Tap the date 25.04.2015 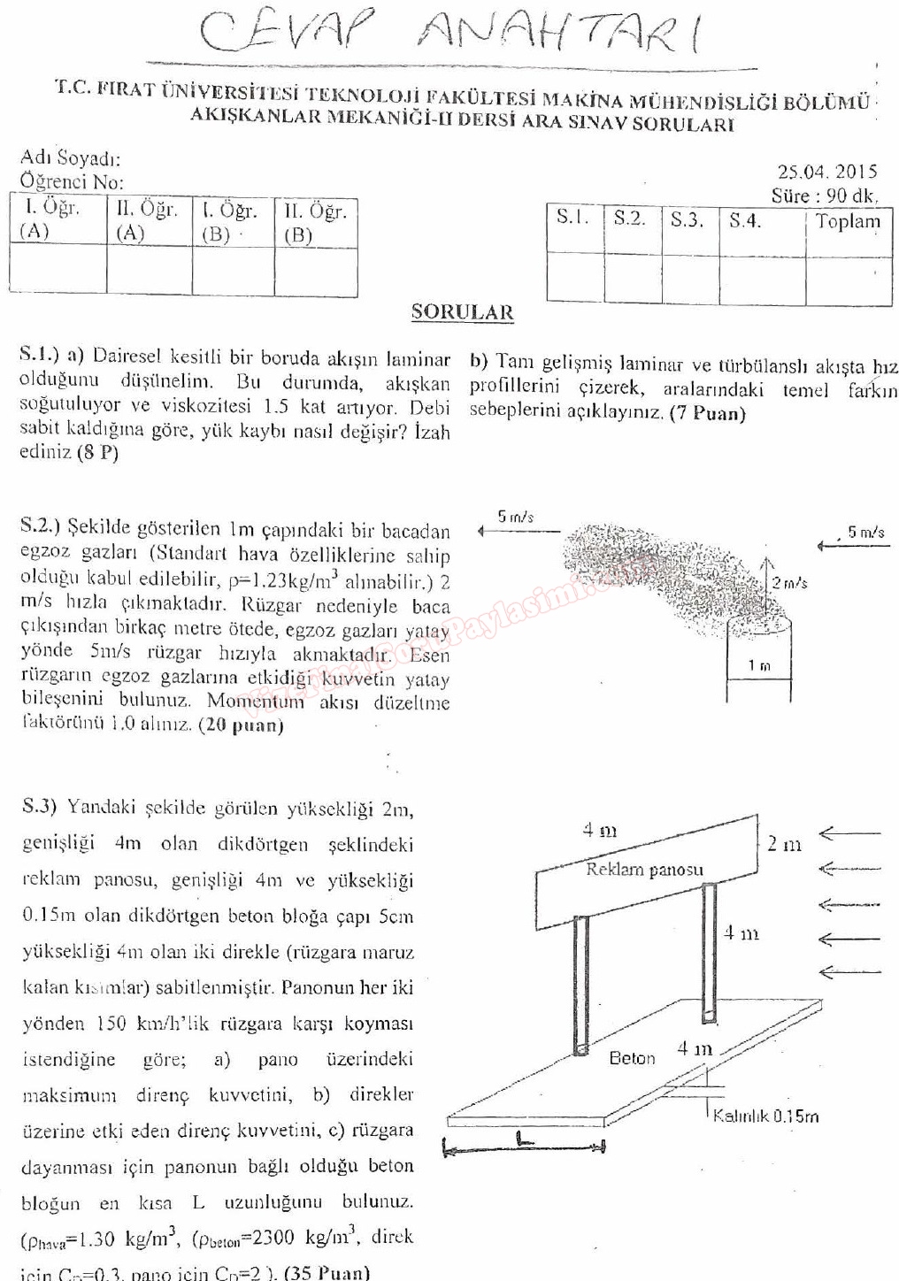click(x=826, y=172)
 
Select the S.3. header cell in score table click(x=687, y=220)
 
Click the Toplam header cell click(x=848, y=221)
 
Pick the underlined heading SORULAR click(x=462, y=312)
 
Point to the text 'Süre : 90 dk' click(x=823, y=196)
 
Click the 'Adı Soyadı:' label click(x=71, y=158)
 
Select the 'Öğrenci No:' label click(x=72, y=182)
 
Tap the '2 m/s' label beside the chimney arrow click(x=789, y=583)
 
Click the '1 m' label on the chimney click(x=758, y=665)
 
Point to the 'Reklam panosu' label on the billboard click(x=644, y=870)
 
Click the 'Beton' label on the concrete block click(x=632, y=1058)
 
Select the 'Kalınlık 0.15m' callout click(x=766, y=1116)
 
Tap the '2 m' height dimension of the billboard click(x=784, y=844)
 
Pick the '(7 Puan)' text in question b click(x=707, y=413)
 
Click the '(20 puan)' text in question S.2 click(x=241, y=725)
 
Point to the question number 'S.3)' click(x=39, y=806)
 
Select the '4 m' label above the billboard click(x=599, y=830)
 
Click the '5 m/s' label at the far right click(x=865, y=532)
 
